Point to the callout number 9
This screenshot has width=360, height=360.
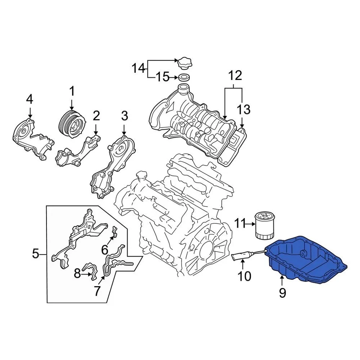tap(282, 292)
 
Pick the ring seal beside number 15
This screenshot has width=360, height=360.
tap(183, 78)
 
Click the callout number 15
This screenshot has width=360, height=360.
tap(162, 78)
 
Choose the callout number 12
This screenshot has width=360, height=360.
tap(235, 76)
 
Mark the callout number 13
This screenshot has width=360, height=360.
tap(243, 109)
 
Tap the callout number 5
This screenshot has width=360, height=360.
tap(36, 255)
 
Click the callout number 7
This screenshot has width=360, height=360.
tap(97, 291)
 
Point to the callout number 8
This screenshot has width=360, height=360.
tap(77, 274)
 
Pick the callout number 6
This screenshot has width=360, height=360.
tap(105, 249)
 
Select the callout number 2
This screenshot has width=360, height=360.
tap(96, 116)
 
